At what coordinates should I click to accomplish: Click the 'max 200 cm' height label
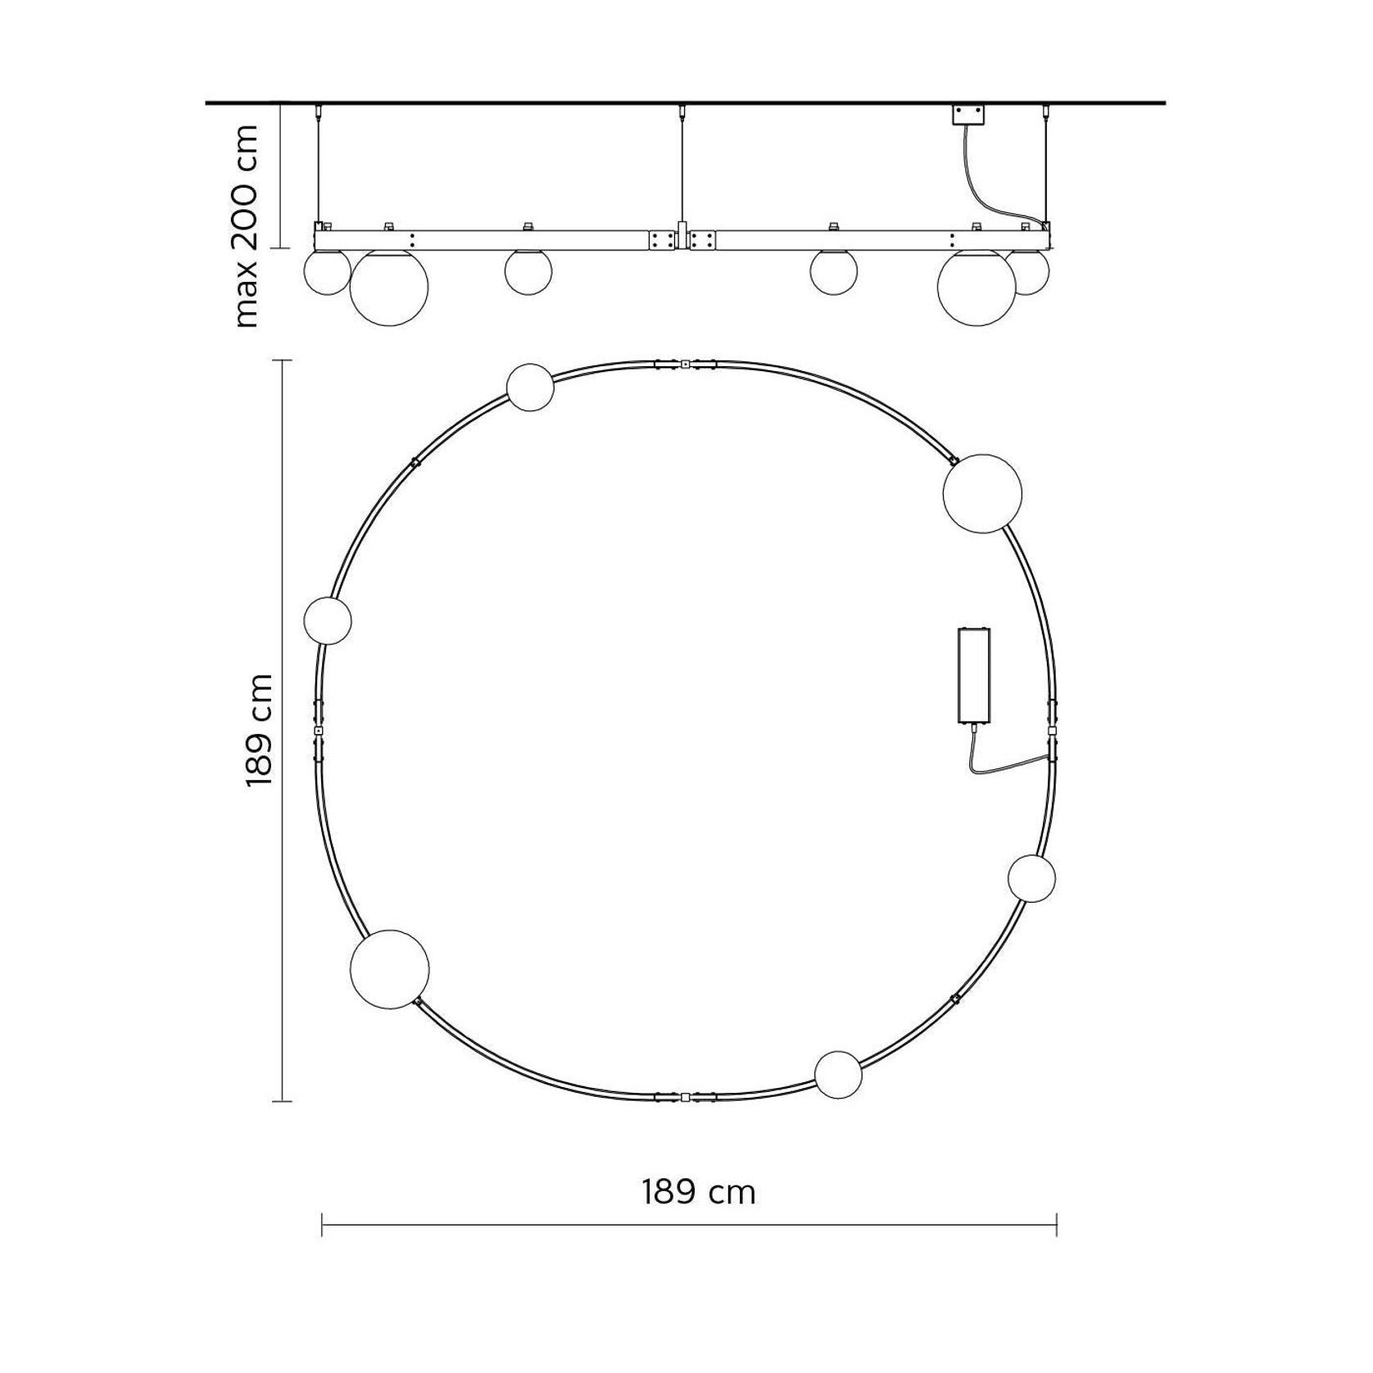(x=246, y=225)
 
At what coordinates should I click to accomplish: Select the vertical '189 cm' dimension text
(x=259, y=730)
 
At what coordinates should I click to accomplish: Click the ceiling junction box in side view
(x=967, y=115)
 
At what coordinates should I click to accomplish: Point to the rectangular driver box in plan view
(x=974, y=675)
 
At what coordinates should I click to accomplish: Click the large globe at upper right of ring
(x=982, y=493)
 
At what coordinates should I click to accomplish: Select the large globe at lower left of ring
(x=389, y=969)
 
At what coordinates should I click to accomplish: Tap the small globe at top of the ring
(x=530, y=387)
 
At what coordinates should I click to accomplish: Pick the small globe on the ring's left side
(x=328, y=620)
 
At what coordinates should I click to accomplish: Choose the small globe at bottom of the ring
(x=838, y=1074)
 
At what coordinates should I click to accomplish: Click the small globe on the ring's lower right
(x=1031, y=878)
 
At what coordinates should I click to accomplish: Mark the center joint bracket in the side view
(x=682, y=240)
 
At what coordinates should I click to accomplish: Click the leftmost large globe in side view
(x=389, y=287)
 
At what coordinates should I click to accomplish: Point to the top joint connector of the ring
(x=685, y=362)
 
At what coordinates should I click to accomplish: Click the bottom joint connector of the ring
(x=685, y=1097)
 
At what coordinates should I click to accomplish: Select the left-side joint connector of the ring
(x=318, y=729)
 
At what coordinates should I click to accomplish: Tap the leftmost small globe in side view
(x=326, y=273)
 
